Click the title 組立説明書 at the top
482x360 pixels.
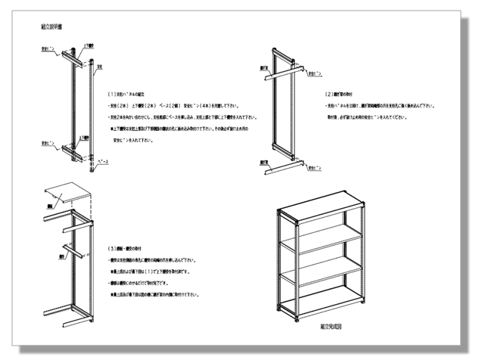[x=51, y=26]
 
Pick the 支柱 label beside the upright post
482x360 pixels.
[x=100, y=66]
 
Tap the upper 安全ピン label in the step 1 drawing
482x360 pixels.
[x=47, y=47]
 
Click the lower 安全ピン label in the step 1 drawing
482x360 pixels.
[x=47, y=141]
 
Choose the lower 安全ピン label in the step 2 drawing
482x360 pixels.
[x=317, y=162]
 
